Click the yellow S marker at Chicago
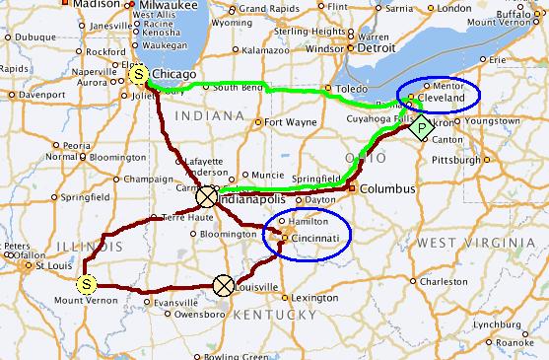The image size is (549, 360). click(139, 74)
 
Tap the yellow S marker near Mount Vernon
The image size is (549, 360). click(87, 284)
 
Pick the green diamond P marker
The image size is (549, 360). click(422, 126)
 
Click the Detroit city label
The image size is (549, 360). click(376, 46)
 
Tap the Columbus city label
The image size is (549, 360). click(382, 187)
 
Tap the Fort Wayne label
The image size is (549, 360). click(289, 122)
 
